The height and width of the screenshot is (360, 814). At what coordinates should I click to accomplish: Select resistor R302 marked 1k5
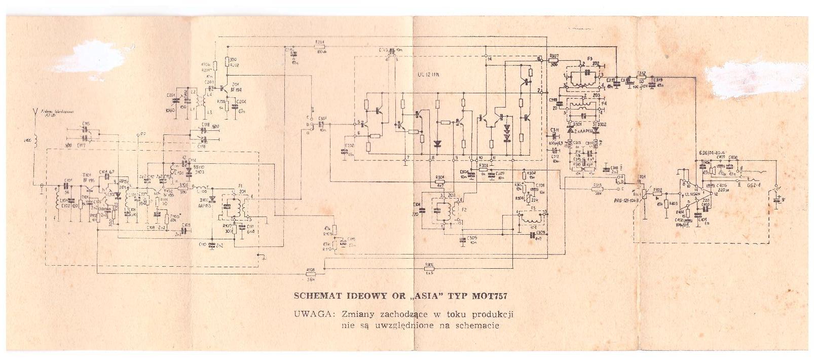tap(430, 267)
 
